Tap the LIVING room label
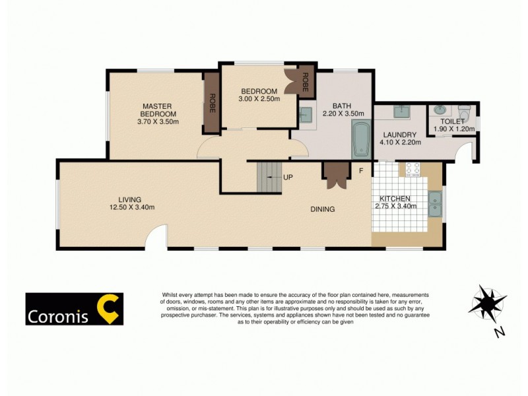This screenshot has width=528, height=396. click(130, 199)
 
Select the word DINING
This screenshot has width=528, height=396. click(323, 209)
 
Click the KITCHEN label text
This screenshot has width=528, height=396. click(395, 199)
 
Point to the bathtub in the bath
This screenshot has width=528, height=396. click(360, 139)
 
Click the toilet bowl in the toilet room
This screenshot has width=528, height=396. click(464, 110)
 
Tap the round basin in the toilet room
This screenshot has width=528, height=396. click(439, 110)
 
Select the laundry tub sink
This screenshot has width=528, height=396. click(401, 112)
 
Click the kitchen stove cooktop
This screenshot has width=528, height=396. click(412, 171)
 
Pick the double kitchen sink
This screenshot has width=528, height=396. click(435, 204)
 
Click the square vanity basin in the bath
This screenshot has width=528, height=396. click(306, 115)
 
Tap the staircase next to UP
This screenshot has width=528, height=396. click(268, 177)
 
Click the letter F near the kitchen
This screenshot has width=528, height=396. click(360, 172)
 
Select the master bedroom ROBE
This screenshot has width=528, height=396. click(212, 104)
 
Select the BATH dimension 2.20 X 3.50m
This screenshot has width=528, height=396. click(341, 114)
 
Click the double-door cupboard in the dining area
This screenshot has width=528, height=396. click(333, 174)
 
